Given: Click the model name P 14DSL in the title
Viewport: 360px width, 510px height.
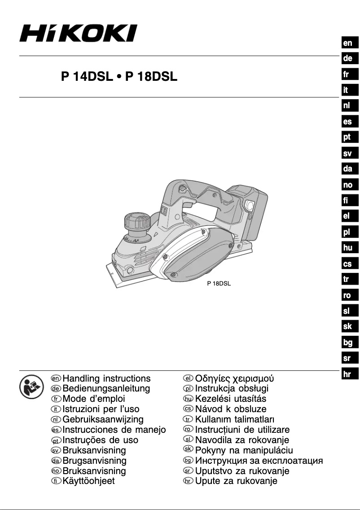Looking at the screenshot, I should [x=87, y=77].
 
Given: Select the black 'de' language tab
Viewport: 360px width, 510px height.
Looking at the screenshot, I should [x=348, y=59].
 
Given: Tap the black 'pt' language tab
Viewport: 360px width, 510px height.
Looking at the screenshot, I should [x=348, y=137].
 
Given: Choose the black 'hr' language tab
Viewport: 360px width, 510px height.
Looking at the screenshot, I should [x=348, y=374].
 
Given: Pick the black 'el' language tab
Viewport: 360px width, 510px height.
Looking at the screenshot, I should [x=348, y=216].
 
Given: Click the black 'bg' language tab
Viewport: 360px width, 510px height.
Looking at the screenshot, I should [x=348, y=343].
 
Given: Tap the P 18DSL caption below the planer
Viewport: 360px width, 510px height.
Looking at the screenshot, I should [x=219, y=284].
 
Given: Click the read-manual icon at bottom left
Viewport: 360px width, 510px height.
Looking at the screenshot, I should [x=31, y=387].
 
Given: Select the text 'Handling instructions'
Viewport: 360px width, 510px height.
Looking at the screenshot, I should [x=107, y=378].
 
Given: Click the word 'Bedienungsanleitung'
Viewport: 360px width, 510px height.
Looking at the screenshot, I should [x=106, y=389].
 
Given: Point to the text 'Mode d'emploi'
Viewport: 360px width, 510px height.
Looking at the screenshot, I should [x=94, y=399].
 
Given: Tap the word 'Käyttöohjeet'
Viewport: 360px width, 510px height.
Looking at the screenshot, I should [x=88, y=481].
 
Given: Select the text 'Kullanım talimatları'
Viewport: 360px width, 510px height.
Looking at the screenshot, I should [x=235, y=419].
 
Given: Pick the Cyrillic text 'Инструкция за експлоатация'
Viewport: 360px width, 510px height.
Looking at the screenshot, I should [x=259, y=461].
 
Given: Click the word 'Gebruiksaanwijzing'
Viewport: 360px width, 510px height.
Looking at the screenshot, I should [x=103, y=419].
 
